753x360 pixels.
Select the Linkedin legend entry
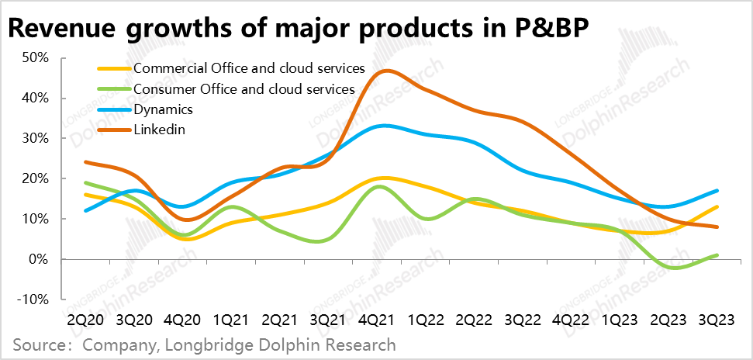[158, 129]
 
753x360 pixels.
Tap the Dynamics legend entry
[163, 109]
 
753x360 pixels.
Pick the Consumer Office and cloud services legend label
[244, 88]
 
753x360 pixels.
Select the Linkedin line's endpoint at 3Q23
[717, 227]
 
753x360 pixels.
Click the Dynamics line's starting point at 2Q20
[85, 211]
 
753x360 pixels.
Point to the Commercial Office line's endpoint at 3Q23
[717, 207]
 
